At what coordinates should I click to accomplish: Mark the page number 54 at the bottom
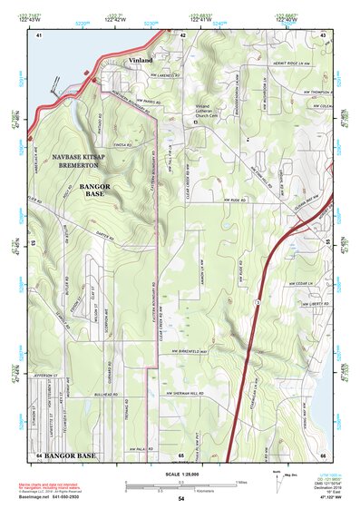(x=180, y=499)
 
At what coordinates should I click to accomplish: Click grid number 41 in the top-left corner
(x=39, y=34)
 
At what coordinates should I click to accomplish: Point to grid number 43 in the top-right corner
(x=323, y=34)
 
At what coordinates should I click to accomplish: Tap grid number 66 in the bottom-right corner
(x=323, y=454)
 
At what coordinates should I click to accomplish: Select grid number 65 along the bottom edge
(x=180, y=454)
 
